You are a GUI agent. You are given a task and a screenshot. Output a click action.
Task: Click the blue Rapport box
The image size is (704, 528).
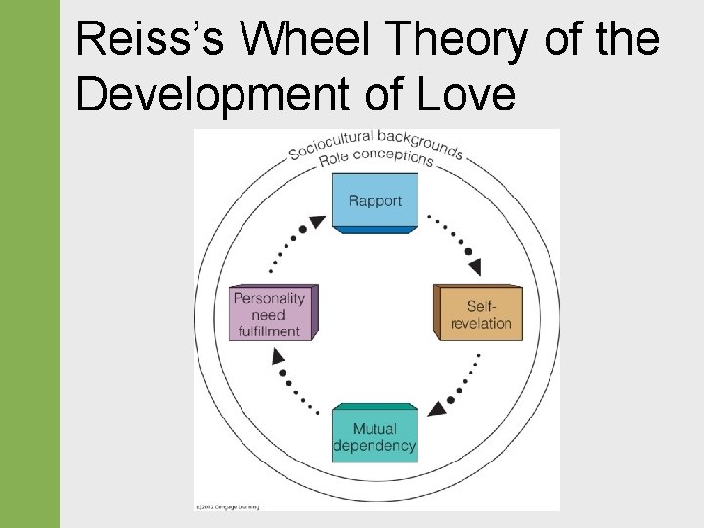[375, 201]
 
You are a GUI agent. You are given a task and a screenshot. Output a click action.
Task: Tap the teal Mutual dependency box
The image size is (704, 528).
[374, 437]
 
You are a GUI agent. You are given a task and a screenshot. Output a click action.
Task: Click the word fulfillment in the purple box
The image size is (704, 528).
[268, 330]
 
